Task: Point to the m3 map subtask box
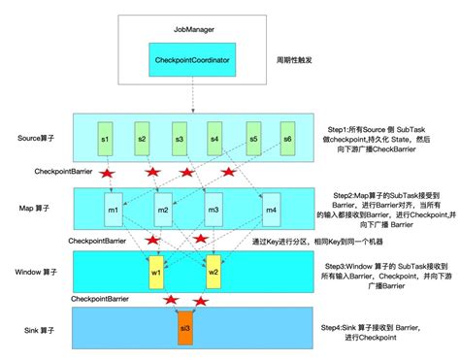click(x=212, y=210)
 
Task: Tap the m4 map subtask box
click(x=272, y=210)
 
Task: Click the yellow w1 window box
click(x=155, y=271)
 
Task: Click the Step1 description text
click(x=384, y=139)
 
